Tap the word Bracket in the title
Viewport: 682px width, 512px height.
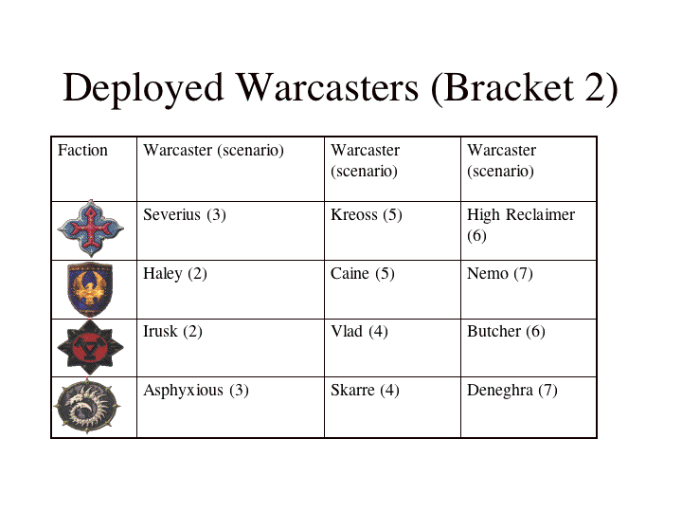tap(503, 88)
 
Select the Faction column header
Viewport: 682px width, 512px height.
tap(82, 150)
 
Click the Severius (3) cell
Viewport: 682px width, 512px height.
tap(185, 215)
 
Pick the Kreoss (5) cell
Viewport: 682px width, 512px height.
tap(367, 215)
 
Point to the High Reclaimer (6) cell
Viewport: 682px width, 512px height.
tap(521, 225)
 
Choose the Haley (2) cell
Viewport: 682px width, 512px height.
tap(175, 274)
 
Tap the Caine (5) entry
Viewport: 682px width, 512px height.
tap(362, 274)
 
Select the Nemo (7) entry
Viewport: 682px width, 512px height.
tap(500, 274)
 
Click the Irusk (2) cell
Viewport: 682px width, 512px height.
tap(172, 332)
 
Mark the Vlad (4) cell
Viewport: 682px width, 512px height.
tap(359, 332)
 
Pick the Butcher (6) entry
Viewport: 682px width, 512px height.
tap(506, 332)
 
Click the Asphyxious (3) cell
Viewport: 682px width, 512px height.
tap(196, 391)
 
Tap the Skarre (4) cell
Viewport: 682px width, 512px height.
tap(365, 391)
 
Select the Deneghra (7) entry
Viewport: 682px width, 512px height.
tap(511, 391)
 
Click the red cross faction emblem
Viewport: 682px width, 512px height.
tap(91, 229)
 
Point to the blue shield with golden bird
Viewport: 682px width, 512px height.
tap(90, 289)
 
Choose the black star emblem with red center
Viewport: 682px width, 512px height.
tap(90, 347)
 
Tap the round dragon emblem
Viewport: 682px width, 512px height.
tap(87, 406)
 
